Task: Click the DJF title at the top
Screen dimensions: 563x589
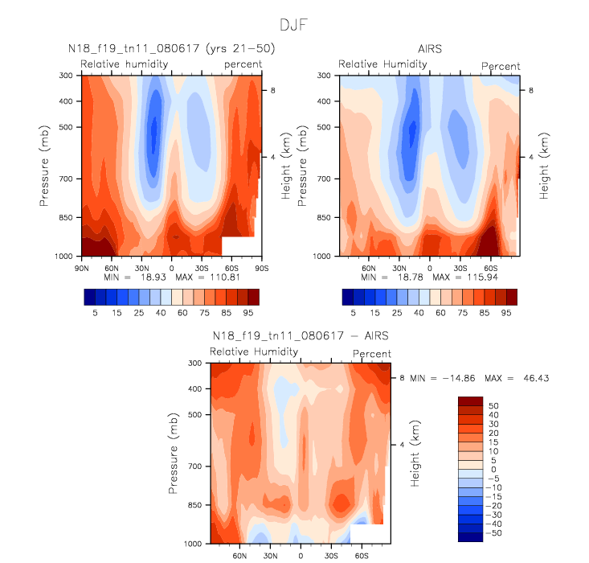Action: tap(293, 26)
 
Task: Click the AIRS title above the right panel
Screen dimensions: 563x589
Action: tap(431, 50)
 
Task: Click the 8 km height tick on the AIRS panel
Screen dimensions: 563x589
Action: tap(531, 91)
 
